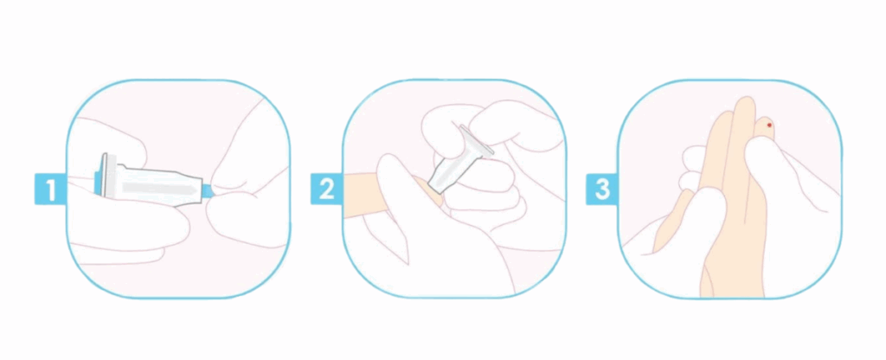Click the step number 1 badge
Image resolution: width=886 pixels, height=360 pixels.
pyautogui.click(x=50, y=190)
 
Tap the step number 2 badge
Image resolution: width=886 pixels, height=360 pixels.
pyautogui.click(x=326, y=189)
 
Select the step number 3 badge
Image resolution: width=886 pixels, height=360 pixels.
pyautogui.click(x=602, y=189)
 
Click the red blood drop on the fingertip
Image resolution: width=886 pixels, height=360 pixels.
pyautogui.click(x=769, y=125)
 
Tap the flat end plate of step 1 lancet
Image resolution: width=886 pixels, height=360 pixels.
pyautogui.click(x=104, y=175)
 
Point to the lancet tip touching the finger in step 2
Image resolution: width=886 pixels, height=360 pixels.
pyautogui.click(x=436, y=187)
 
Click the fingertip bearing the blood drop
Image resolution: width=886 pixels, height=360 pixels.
pyautogui.click(x=765, y=127)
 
